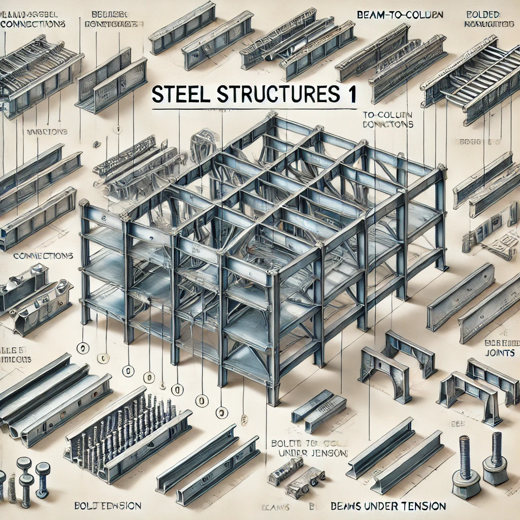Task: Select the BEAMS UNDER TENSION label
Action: click(x=388, y=506)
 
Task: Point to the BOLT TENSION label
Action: click(x=105, y=506)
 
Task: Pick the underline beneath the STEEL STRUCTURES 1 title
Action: click(x=254, y=108)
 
